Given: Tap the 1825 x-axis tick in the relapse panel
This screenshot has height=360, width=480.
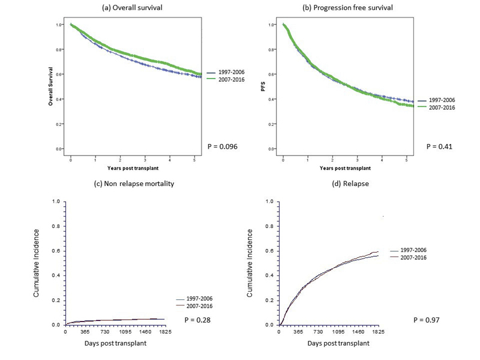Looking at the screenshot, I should pos(377,332).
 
